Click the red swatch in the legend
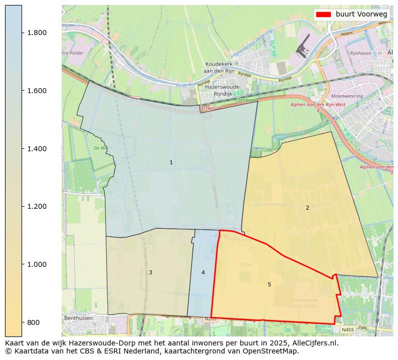coord(324,15)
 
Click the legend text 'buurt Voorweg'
coord(361,15)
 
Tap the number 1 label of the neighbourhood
coord(171,163)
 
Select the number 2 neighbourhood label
coord(307,208)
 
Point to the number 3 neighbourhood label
coord(150,273)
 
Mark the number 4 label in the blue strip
coord(203,273)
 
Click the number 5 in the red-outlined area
coord(269,285)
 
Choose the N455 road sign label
coord(347,330)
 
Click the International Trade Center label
coord(303,303)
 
